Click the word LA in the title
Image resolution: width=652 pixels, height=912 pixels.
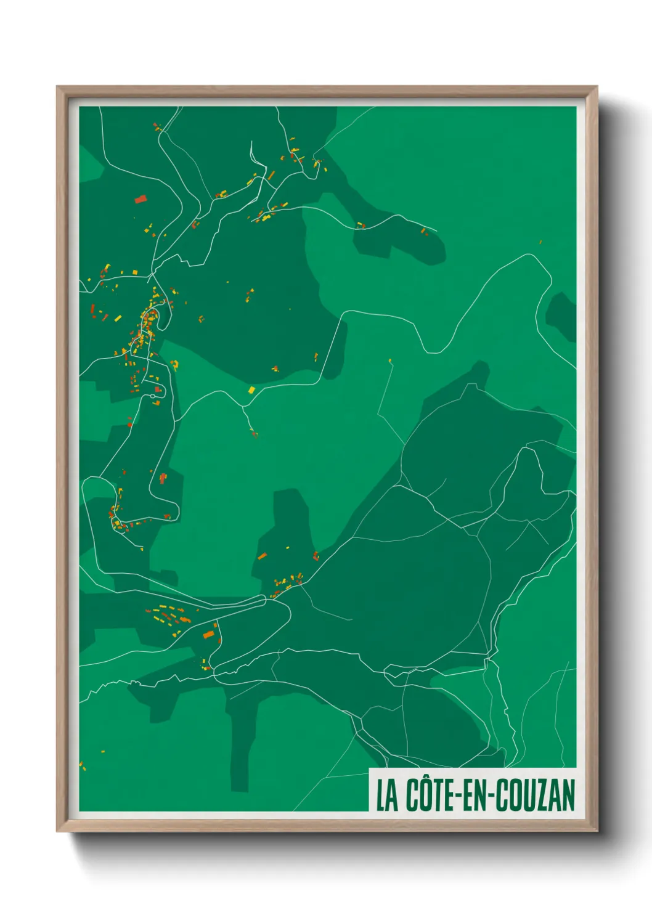(x=386, y=796)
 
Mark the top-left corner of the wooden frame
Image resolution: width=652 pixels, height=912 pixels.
(x=57, y=87)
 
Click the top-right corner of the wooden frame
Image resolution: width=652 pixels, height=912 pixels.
(x=597, y=87)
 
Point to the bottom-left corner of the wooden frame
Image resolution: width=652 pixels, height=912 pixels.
(x=57, y=831)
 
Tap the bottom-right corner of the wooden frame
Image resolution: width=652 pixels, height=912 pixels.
(x=597, y=831)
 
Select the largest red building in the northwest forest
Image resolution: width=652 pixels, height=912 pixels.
(x=141, y=199)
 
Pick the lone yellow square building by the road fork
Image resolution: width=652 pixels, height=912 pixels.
(x=251, y=390)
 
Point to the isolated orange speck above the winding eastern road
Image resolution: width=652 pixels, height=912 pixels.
(x=540, y=242)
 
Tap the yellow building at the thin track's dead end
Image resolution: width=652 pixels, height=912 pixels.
(x=390, y=360)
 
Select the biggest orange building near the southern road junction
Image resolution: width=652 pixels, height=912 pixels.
(x=209, y=634)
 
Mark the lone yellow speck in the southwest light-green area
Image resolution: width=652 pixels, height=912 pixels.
(x=103, y=752)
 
